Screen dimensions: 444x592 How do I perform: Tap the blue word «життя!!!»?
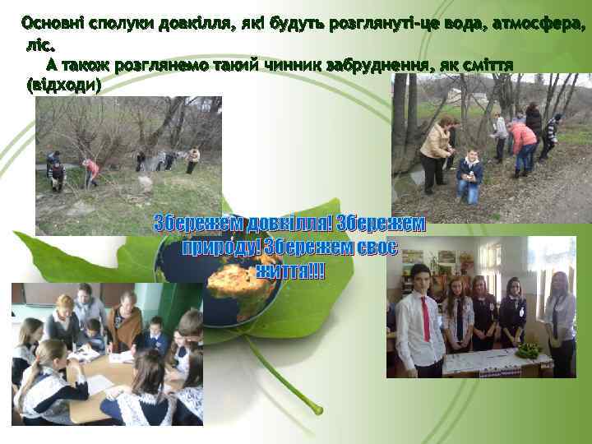290,271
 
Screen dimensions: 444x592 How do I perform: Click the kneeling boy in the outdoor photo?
469,176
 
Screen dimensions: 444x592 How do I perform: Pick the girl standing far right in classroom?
562,321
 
